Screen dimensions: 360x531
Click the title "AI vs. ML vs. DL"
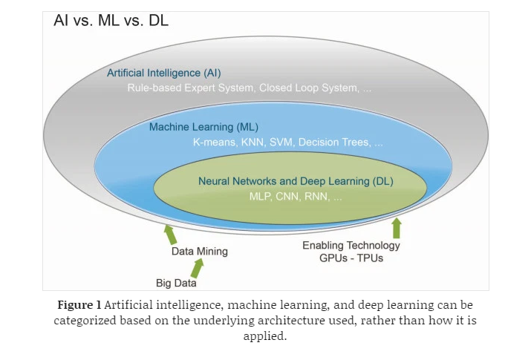(111, 21)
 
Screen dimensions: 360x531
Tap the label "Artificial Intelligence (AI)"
(163, 73)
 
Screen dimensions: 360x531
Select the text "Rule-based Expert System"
(190, 88)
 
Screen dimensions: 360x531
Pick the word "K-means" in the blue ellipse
(213, 142)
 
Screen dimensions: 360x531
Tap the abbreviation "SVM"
(280, 142)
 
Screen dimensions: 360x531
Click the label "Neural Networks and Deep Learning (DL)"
(296, 181)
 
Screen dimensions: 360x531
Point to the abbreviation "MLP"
(261, 197)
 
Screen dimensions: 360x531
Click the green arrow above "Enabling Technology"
(396, 227)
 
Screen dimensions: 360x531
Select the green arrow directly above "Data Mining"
(170, 235)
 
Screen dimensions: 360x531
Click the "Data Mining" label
(200, 252)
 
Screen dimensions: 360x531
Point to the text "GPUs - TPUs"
(351, 258)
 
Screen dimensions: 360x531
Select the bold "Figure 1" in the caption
(80, 306)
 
